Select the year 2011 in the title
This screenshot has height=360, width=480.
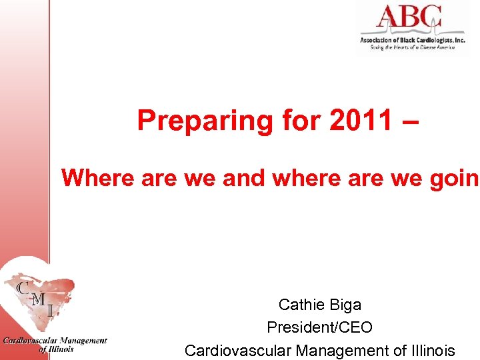(355, 121)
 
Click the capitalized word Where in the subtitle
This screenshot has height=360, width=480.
(98, 178)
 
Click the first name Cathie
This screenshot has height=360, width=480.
(301, 305)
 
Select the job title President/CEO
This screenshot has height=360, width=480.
(319, 327)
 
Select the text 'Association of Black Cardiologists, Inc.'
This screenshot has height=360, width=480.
(412, 41)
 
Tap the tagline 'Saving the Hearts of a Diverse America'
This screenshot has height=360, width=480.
(412, 48)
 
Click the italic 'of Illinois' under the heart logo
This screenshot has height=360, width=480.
(56, 349)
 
